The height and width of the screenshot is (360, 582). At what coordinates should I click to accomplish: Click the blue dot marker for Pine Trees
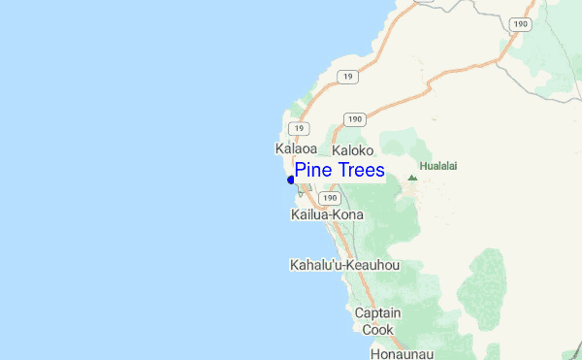pos(291,180)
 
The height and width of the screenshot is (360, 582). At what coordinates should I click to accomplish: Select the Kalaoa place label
pos(297,149)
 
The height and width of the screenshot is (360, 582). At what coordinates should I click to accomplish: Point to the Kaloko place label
pos(352,151)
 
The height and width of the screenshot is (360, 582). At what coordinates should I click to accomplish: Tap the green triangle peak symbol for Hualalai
pos(412,178)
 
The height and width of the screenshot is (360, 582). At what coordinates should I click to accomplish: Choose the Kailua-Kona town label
pos(327,214)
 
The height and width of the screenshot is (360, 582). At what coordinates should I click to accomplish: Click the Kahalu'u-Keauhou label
pos(344,264)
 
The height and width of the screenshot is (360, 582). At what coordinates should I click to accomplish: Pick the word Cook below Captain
pos(377,330)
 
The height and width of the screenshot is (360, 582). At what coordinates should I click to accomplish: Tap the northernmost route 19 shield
pos(345,75)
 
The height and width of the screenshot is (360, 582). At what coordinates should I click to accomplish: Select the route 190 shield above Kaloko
pos(354,119)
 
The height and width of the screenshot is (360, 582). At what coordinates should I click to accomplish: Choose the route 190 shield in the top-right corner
pos(522,23)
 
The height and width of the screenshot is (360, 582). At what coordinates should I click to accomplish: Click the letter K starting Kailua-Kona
pos(296,214)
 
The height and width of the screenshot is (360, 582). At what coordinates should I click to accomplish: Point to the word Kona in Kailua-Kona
pos(347,214)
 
